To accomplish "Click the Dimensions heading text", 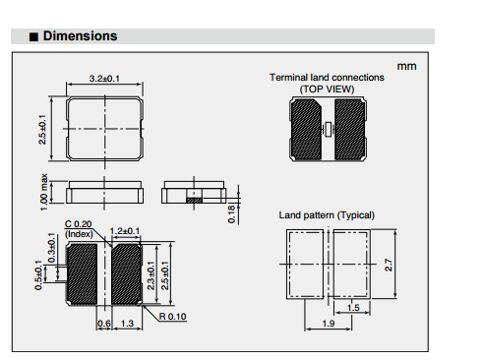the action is coord(80,36).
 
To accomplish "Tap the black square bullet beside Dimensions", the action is coord(33,36).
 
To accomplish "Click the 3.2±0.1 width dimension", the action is coord(104,79).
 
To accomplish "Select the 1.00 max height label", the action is coord(44,193).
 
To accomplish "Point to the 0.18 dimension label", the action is coord(231,214).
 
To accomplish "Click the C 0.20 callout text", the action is coord(78,224).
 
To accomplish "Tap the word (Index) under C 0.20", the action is coord(79,234).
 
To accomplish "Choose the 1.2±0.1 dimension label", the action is coord(125,231).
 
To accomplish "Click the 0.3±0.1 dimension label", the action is coord(52,248).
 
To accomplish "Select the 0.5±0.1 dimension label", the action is coord(38,275).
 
